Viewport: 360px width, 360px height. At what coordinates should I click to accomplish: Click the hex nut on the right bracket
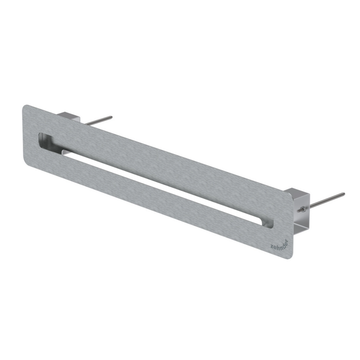(302, 209)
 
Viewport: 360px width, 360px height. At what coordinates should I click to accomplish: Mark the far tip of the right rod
(343, 194)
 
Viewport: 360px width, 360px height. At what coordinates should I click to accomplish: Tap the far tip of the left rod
(111, 117)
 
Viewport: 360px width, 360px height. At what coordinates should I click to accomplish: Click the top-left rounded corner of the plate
(25, 106)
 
